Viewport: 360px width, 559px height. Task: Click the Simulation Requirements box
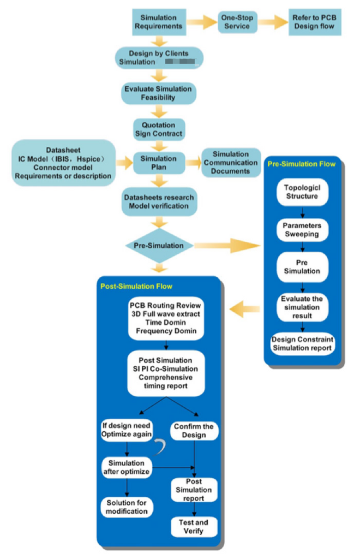click(158, 22)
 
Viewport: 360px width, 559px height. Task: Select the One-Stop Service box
click(237, 22)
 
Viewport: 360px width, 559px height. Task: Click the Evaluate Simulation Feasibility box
click(158, 93)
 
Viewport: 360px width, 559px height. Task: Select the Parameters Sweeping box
click(302, 229)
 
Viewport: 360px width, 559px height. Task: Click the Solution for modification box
click(127, 507)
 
